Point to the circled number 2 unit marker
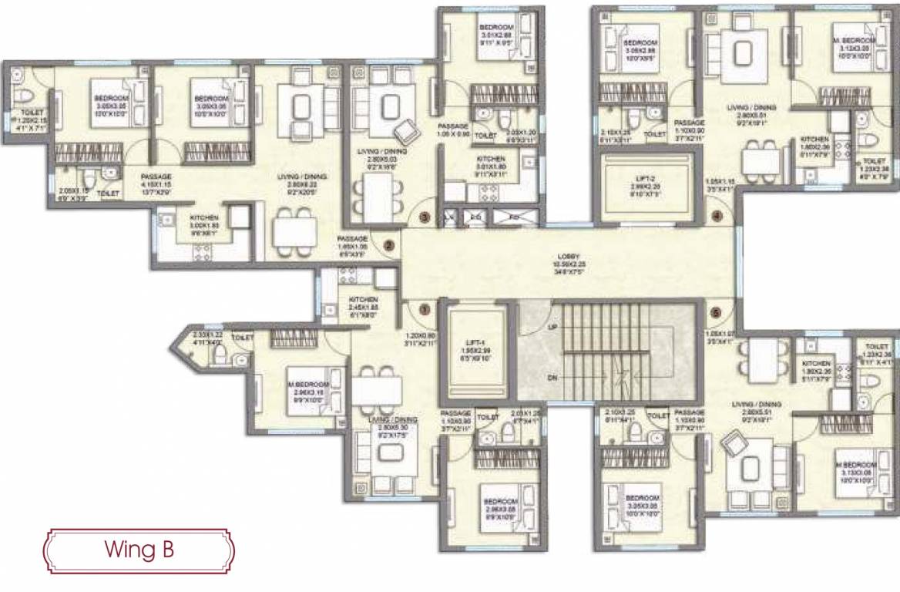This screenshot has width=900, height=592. [x=389, y=245]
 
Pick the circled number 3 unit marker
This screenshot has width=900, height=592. [x=424, y=217]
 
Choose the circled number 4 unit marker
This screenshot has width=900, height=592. [x=717, y=217]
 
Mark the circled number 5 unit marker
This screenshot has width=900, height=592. [x=717, y=313]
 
